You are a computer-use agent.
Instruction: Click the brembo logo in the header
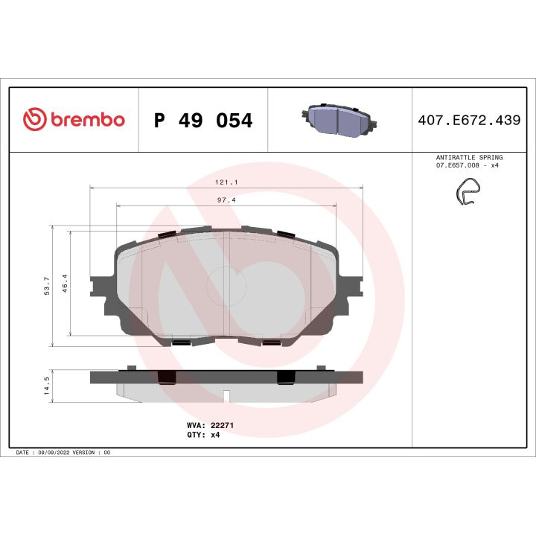coord(74,120)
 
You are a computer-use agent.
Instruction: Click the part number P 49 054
coord(202,121)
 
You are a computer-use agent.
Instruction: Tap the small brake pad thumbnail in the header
coord(339,120)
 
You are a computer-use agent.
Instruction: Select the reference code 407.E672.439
coord(469,121)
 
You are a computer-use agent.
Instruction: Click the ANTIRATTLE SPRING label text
coord(468,158)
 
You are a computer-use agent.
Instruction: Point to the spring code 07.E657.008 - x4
coord(468,165)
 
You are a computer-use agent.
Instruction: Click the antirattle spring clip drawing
coord(468,195)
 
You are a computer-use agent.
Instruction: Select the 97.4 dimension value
coord(227,200)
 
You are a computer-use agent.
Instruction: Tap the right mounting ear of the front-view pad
coord(353,287)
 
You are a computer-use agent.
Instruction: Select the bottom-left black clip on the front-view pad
coord(181,342)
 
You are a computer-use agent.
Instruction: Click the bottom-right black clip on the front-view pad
coord(272,342)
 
